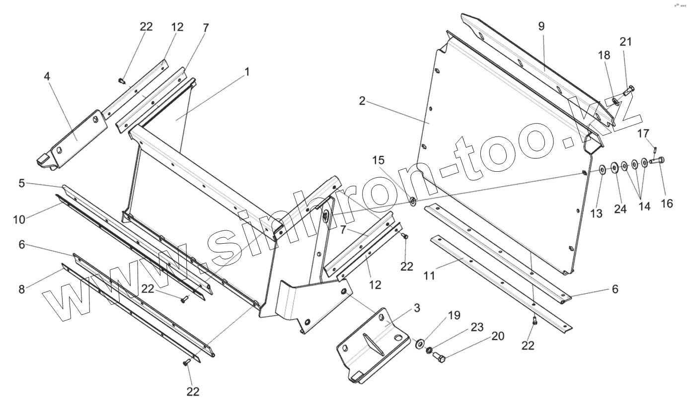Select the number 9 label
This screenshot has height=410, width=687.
tap(541, 26)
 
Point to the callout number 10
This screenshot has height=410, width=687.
tap(19, 219)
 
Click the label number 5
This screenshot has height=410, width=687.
tap(21, 183)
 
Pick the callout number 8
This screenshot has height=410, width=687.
tap(21, 289)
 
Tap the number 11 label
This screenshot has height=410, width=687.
tap(430, 275)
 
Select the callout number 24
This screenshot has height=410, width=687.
tap(620, 208)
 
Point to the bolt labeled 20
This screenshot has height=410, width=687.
tap(438, 356)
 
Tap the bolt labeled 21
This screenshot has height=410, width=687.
tap(629, 89)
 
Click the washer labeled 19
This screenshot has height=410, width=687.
tap(420, 342)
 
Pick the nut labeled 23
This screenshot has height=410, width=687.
tap(429, 350)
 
